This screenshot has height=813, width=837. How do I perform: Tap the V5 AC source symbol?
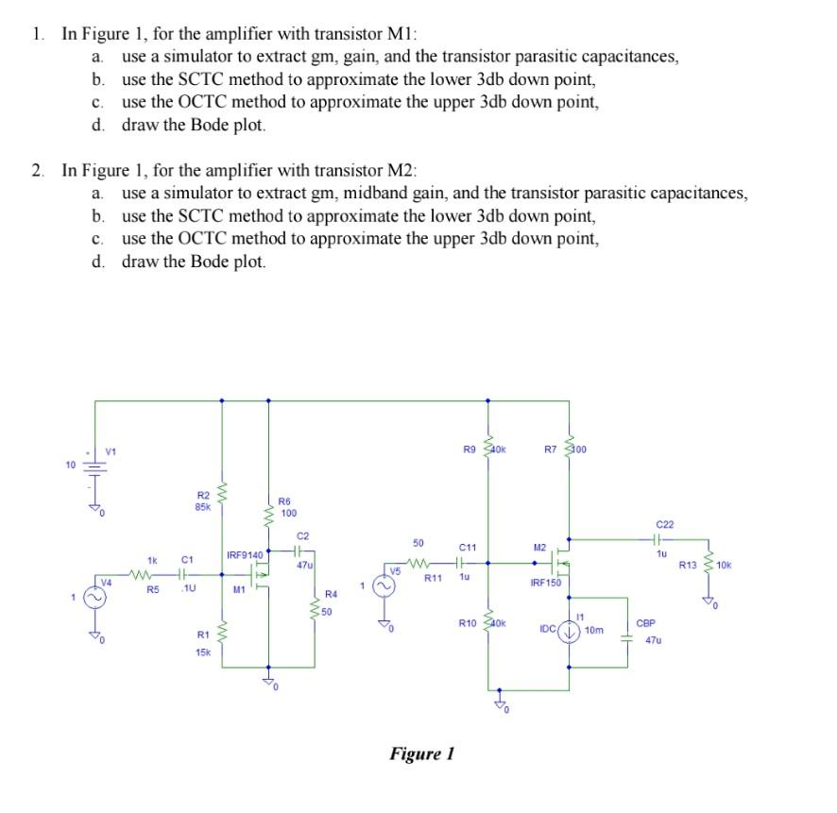coord(384,587)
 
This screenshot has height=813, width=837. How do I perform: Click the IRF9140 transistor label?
coord(245,552)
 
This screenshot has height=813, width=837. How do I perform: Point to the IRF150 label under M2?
coord(545,583)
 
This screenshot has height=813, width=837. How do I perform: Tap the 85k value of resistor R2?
coord(203,506)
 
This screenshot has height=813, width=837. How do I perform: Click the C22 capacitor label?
coord(664,523)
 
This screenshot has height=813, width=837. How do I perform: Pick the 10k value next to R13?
coord(724,566)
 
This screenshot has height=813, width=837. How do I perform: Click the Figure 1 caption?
coord(422,754)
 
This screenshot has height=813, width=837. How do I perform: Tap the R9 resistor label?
coord(470,449)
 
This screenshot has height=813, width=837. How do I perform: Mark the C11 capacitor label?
coord(468,547)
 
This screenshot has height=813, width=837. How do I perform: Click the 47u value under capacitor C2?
coord(304,564)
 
